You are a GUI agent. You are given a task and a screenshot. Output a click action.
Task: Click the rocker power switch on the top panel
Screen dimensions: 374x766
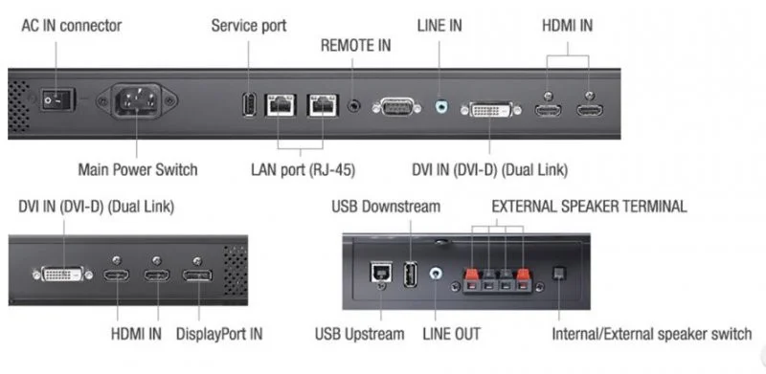tap(53, 97)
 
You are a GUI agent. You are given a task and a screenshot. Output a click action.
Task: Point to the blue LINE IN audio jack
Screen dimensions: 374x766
tap(440, 107)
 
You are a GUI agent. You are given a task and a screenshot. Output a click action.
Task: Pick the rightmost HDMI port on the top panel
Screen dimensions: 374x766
tap(588, 112)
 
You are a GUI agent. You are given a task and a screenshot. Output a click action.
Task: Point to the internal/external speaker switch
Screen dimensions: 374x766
tap(563, 275)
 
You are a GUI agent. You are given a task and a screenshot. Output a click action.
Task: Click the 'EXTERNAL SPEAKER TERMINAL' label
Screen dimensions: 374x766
tap(589, 206)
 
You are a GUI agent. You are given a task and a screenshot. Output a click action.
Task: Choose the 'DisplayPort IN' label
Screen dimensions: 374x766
tap(218, 334)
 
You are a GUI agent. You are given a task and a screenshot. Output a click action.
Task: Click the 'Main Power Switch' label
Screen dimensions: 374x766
tap(137, 169)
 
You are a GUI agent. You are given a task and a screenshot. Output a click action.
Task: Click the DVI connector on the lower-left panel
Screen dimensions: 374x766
tap(64, 275)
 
